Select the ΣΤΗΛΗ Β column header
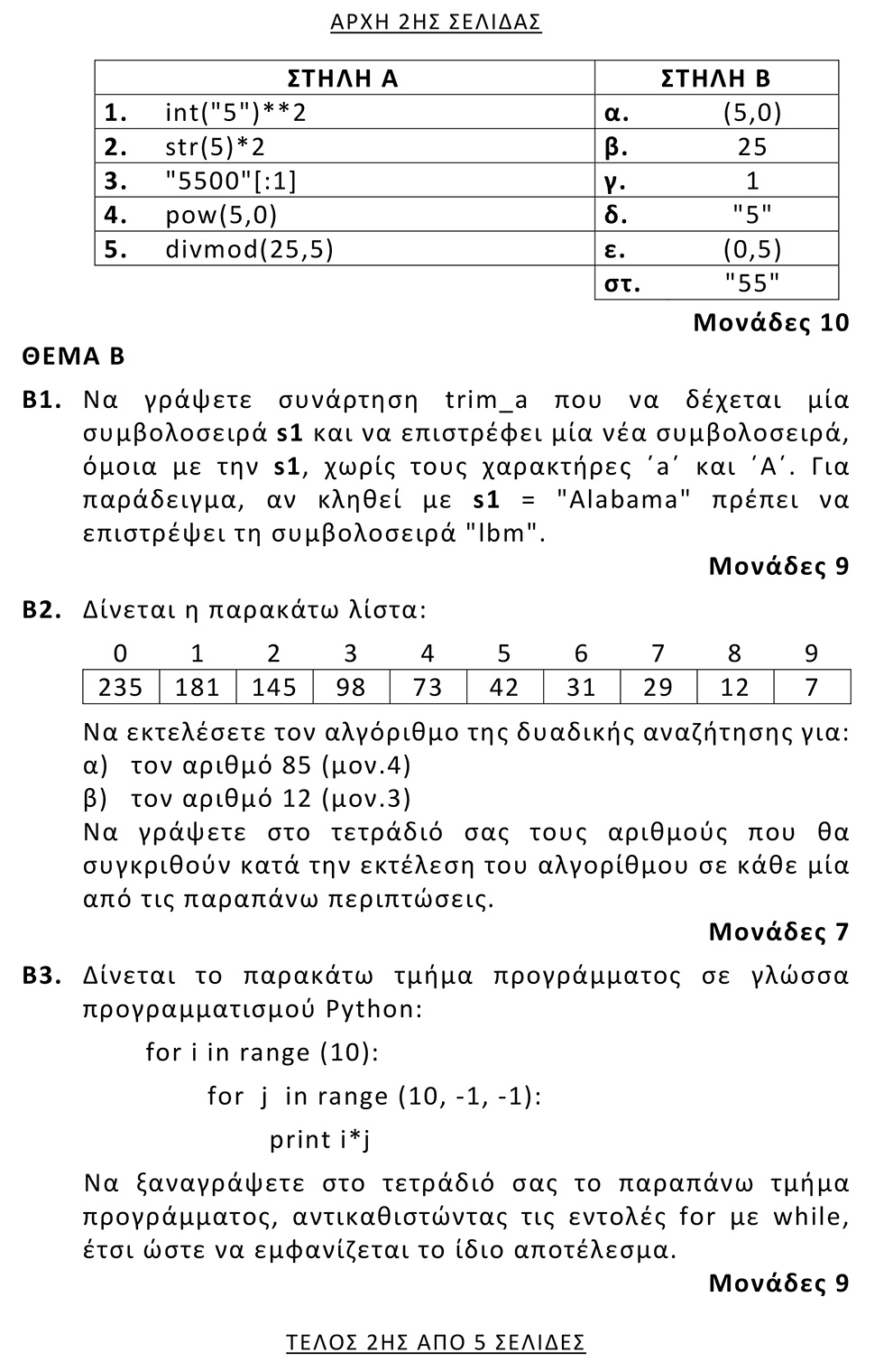click(x=715, y=79)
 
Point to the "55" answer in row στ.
click(x=751, y=283)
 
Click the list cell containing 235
click(x=121, y=688)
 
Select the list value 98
click(x=351, y=688)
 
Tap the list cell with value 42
click(x=504, y=688)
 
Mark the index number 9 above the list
click(x=811, y=653)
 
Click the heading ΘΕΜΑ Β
click(x=74, y=357)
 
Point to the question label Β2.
click(x=41, y=610)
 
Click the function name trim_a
click(x=487, y=400)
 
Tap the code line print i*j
click(x=320, y=1140)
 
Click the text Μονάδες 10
click(x=771, y=323)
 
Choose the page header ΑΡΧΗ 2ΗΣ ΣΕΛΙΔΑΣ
click(x=436, y=22)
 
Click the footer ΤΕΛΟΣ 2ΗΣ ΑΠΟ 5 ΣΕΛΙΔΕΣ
click(x=436, y=1342)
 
